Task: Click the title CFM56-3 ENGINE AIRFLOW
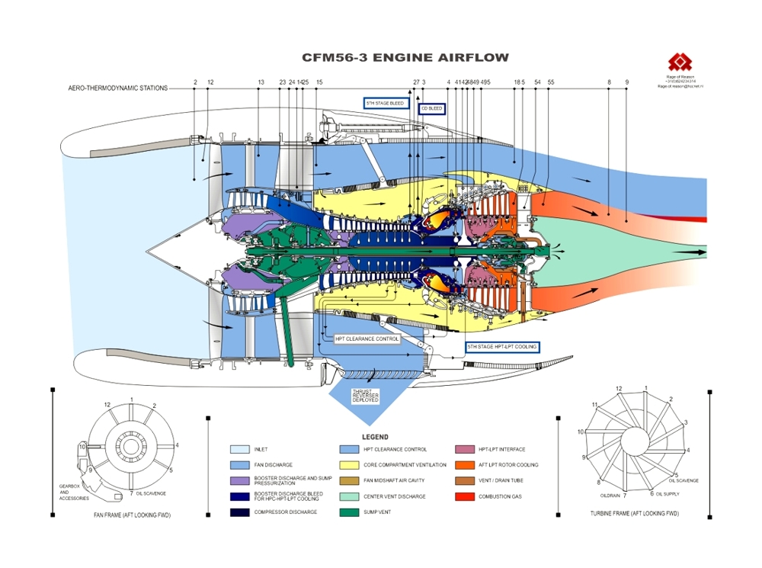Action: point(405,57)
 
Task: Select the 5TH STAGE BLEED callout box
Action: point(386,102)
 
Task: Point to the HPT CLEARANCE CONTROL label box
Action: point(367,338)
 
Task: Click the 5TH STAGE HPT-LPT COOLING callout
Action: point(502,347)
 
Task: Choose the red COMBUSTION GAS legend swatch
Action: point(465,496)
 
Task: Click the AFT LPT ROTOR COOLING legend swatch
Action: point(465,465)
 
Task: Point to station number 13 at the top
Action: point(261,82)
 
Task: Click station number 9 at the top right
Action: point(627,82)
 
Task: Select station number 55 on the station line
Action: point(550,82)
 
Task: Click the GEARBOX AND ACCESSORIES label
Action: point(74,493)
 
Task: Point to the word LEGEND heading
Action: point(375,438)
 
